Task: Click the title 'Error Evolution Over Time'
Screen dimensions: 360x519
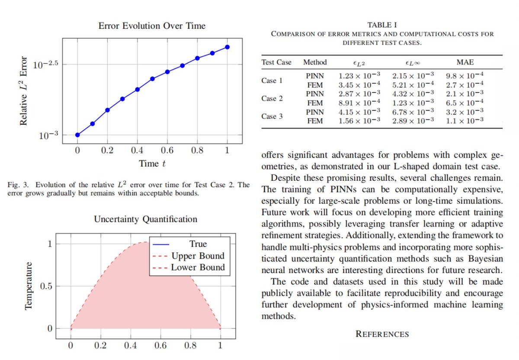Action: (x=152, y=26)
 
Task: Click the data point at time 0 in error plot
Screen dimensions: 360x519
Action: (x=77, y=135)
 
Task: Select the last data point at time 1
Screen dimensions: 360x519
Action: (x=227, y=47)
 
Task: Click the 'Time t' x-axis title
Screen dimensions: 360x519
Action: (x=152, y=164)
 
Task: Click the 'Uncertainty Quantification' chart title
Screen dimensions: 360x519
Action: (x=146, y=219)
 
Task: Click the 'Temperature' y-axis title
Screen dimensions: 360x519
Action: (x=29, y=286)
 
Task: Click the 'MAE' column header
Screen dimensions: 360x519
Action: (x=465, y=62)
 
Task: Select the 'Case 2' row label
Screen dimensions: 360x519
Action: (x=272, y=98)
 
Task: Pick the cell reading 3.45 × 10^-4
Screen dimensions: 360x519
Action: (x=359, y=85)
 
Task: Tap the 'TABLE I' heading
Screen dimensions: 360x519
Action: (x=382, y=25)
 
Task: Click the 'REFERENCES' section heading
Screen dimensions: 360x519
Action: (x=382, y=334)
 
